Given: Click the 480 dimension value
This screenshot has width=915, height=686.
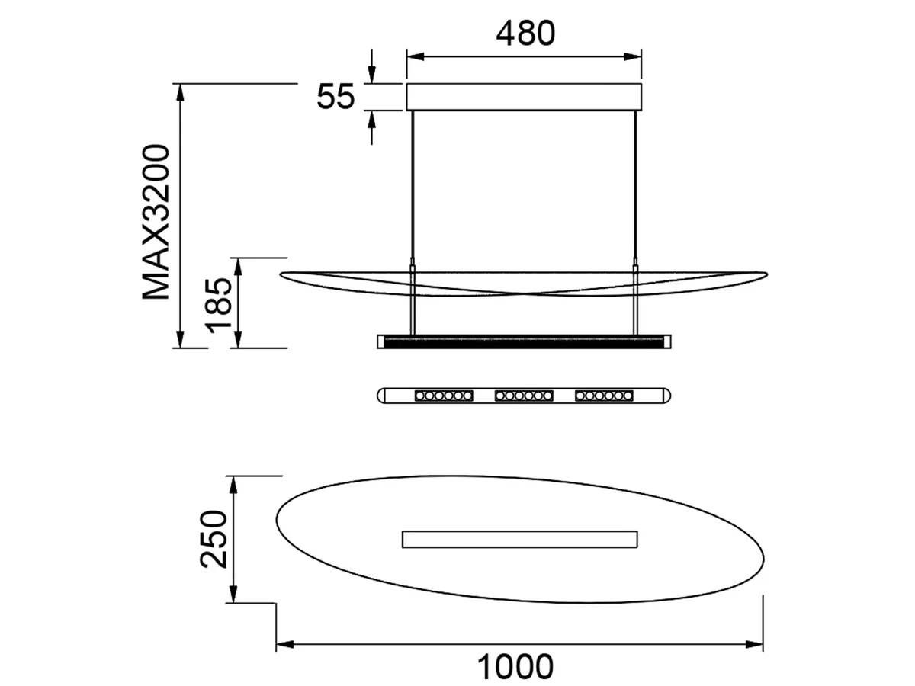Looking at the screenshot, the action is coord(525,34).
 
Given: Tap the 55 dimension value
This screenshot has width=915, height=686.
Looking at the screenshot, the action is coord(335,97).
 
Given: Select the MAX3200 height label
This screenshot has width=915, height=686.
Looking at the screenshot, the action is coord(156,222).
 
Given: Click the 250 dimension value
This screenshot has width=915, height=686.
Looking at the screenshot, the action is coord(213,540).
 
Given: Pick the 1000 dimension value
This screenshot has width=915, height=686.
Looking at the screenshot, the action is coord(515,667).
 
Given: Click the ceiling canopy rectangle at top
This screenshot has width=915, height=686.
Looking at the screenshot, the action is coord(524,97).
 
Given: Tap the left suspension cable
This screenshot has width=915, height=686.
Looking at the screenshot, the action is coord(413,223).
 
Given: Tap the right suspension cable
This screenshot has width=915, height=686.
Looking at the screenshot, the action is coord(636,223).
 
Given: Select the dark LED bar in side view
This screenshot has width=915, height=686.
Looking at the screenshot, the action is coord(524,341).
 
